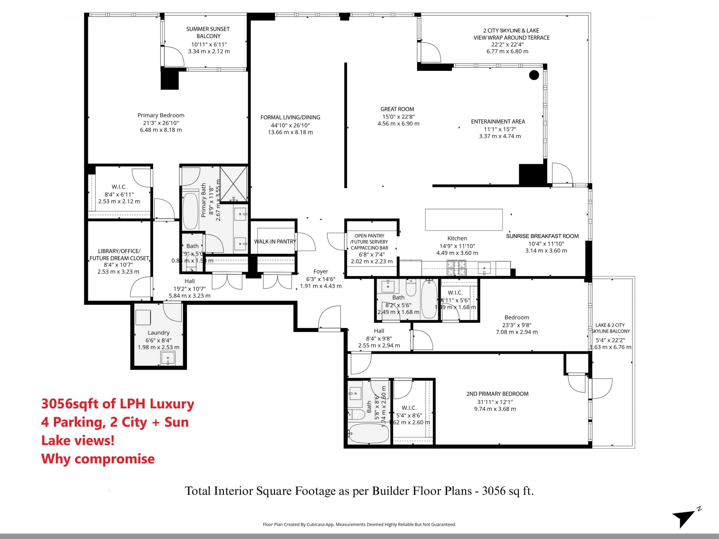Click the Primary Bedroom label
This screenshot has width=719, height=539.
pyautogui.click(x=161, y=115)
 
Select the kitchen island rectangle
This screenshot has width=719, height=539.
pyautogui.click(x=464, y=220)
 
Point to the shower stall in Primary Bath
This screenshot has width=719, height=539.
pyautogui.click(x=233, y=184)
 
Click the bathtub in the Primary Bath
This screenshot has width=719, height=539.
pyautogui.click(x=190, y=211)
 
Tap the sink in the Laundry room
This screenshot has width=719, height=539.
pyautogui.click(x=168, y=359)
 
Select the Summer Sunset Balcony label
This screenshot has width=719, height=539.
pyautogui.click(x=208, y=33)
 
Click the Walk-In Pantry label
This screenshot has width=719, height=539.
pyautogui.click(x=275, y=241)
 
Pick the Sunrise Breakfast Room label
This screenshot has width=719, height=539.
pyautogui.click(x=542, y=236)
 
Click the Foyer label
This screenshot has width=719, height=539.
pyautogui.click(x=321, y=271)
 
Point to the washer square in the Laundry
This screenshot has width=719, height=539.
pyautogui.click(x=143, y=317)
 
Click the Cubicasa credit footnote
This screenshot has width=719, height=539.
pyautogui.click(x=359, y=524)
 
